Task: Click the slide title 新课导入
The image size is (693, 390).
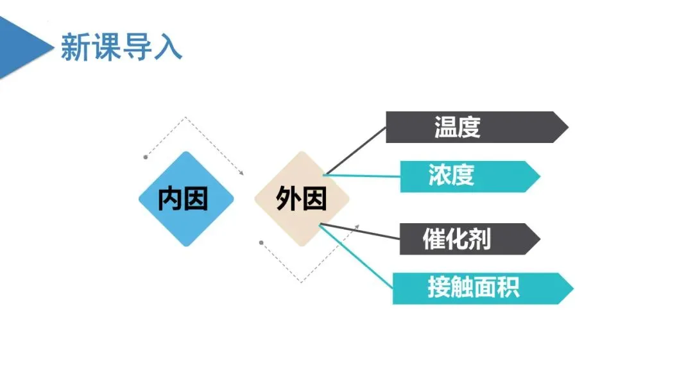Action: point(121,47)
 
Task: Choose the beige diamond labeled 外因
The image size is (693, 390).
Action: point(302,199)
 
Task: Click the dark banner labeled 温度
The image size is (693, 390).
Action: point(475,127)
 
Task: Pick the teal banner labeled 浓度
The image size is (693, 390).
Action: point(468,176)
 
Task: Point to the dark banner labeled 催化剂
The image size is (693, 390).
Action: point(468,239)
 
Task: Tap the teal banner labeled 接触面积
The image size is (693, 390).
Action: point(481,288)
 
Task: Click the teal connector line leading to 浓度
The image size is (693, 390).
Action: point(363,174)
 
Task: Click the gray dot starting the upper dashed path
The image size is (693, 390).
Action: point(146,156)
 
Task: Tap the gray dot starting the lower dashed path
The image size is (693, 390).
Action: point(261,242)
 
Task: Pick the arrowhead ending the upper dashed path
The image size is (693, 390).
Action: point(242,172)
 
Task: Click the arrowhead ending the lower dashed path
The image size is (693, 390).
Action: point(357,226)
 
